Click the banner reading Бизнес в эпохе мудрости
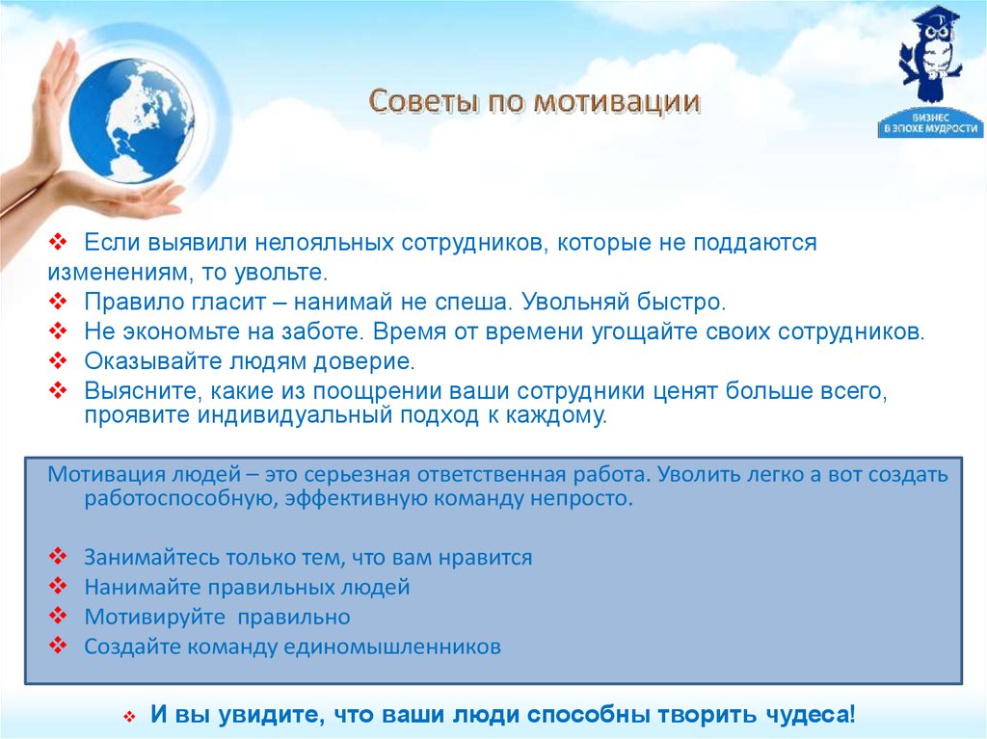pos(930,124)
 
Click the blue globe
pos(131,120)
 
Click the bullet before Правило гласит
pos(58,302)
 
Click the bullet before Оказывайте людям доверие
pos(58,360)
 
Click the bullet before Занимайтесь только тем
pos(58,557)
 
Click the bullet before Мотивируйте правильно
pos(58,616)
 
